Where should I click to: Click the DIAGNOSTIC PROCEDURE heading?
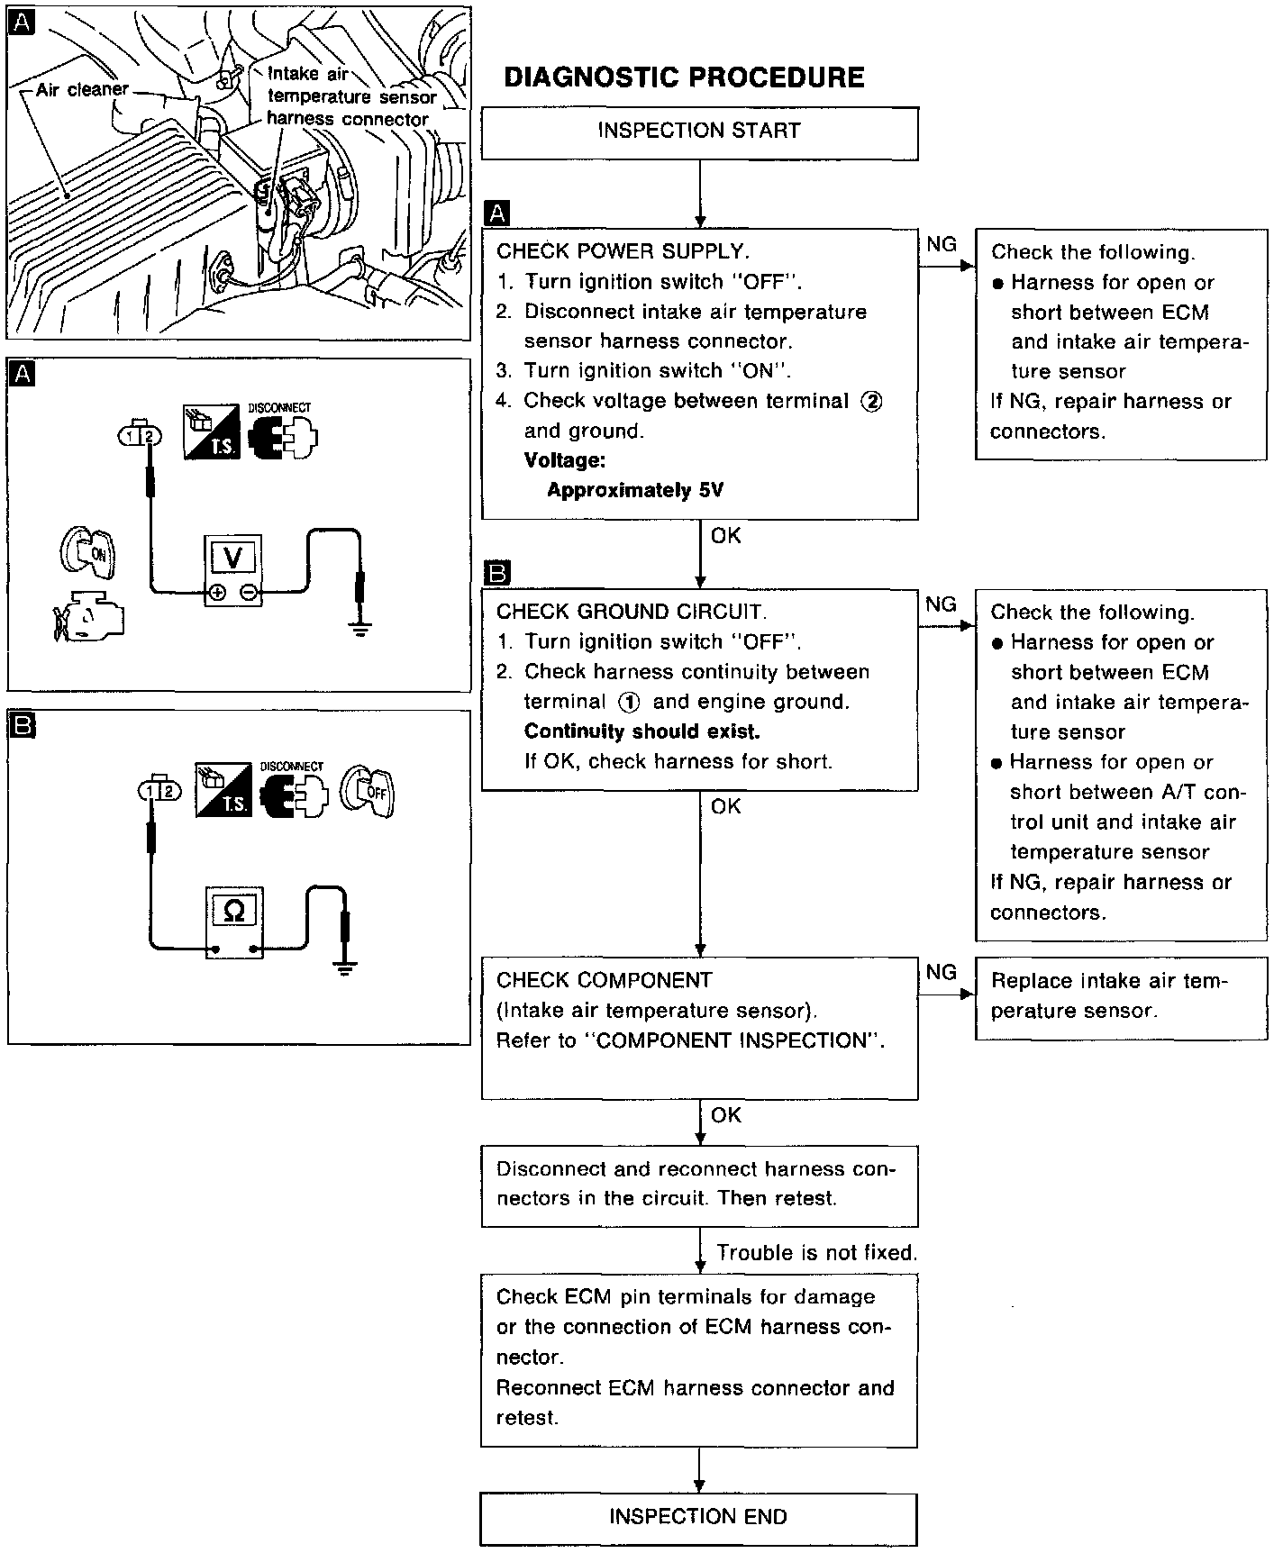pos(684,77)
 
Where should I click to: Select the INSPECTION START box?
pos(699,132)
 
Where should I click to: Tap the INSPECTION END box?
pos(698,1517)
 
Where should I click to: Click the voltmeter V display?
pos(232,559)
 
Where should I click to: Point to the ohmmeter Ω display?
pos(232,911)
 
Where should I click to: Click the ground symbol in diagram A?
pos(360,630)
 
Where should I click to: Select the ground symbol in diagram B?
pos(343,970)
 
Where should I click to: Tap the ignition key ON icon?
pos(91,552)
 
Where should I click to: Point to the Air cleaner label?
pos(82,90)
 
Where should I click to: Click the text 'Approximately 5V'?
pos(635,491)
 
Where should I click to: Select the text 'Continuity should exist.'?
pos(642,731)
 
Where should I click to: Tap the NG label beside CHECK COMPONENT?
pos(941,972)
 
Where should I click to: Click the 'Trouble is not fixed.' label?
pos(816,1253)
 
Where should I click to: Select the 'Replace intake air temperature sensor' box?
pos(1120,996)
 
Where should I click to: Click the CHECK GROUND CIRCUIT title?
pos(632,612)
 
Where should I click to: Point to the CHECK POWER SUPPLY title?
pos(623,251)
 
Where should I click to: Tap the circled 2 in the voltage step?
pos(871,402)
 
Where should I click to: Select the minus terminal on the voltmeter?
pos(250,593)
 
